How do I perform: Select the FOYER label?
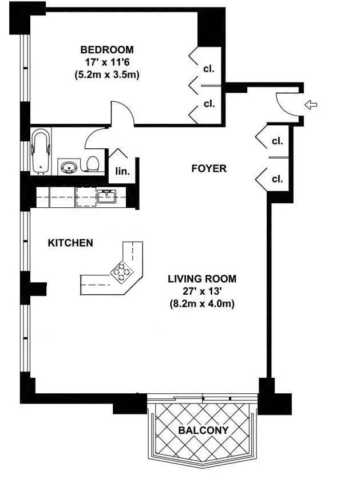coord(209,168)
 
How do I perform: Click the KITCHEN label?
coord(70,243)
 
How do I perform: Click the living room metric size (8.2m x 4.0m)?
coord(201,304)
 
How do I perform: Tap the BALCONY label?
coord(203,430)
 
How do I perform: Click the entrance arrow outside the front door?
coord(311,104)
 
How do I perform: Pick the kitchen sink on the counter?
coord(106,197)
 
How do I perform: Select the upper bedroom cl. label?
coord(208,69)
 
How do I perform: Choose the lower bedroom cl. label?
coord(208,104)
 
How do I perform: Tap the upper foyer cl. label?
coord(277,141)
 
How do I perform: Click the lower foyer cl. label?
coord(277,179)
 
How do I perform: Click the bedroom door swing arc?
coord(123,111)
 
